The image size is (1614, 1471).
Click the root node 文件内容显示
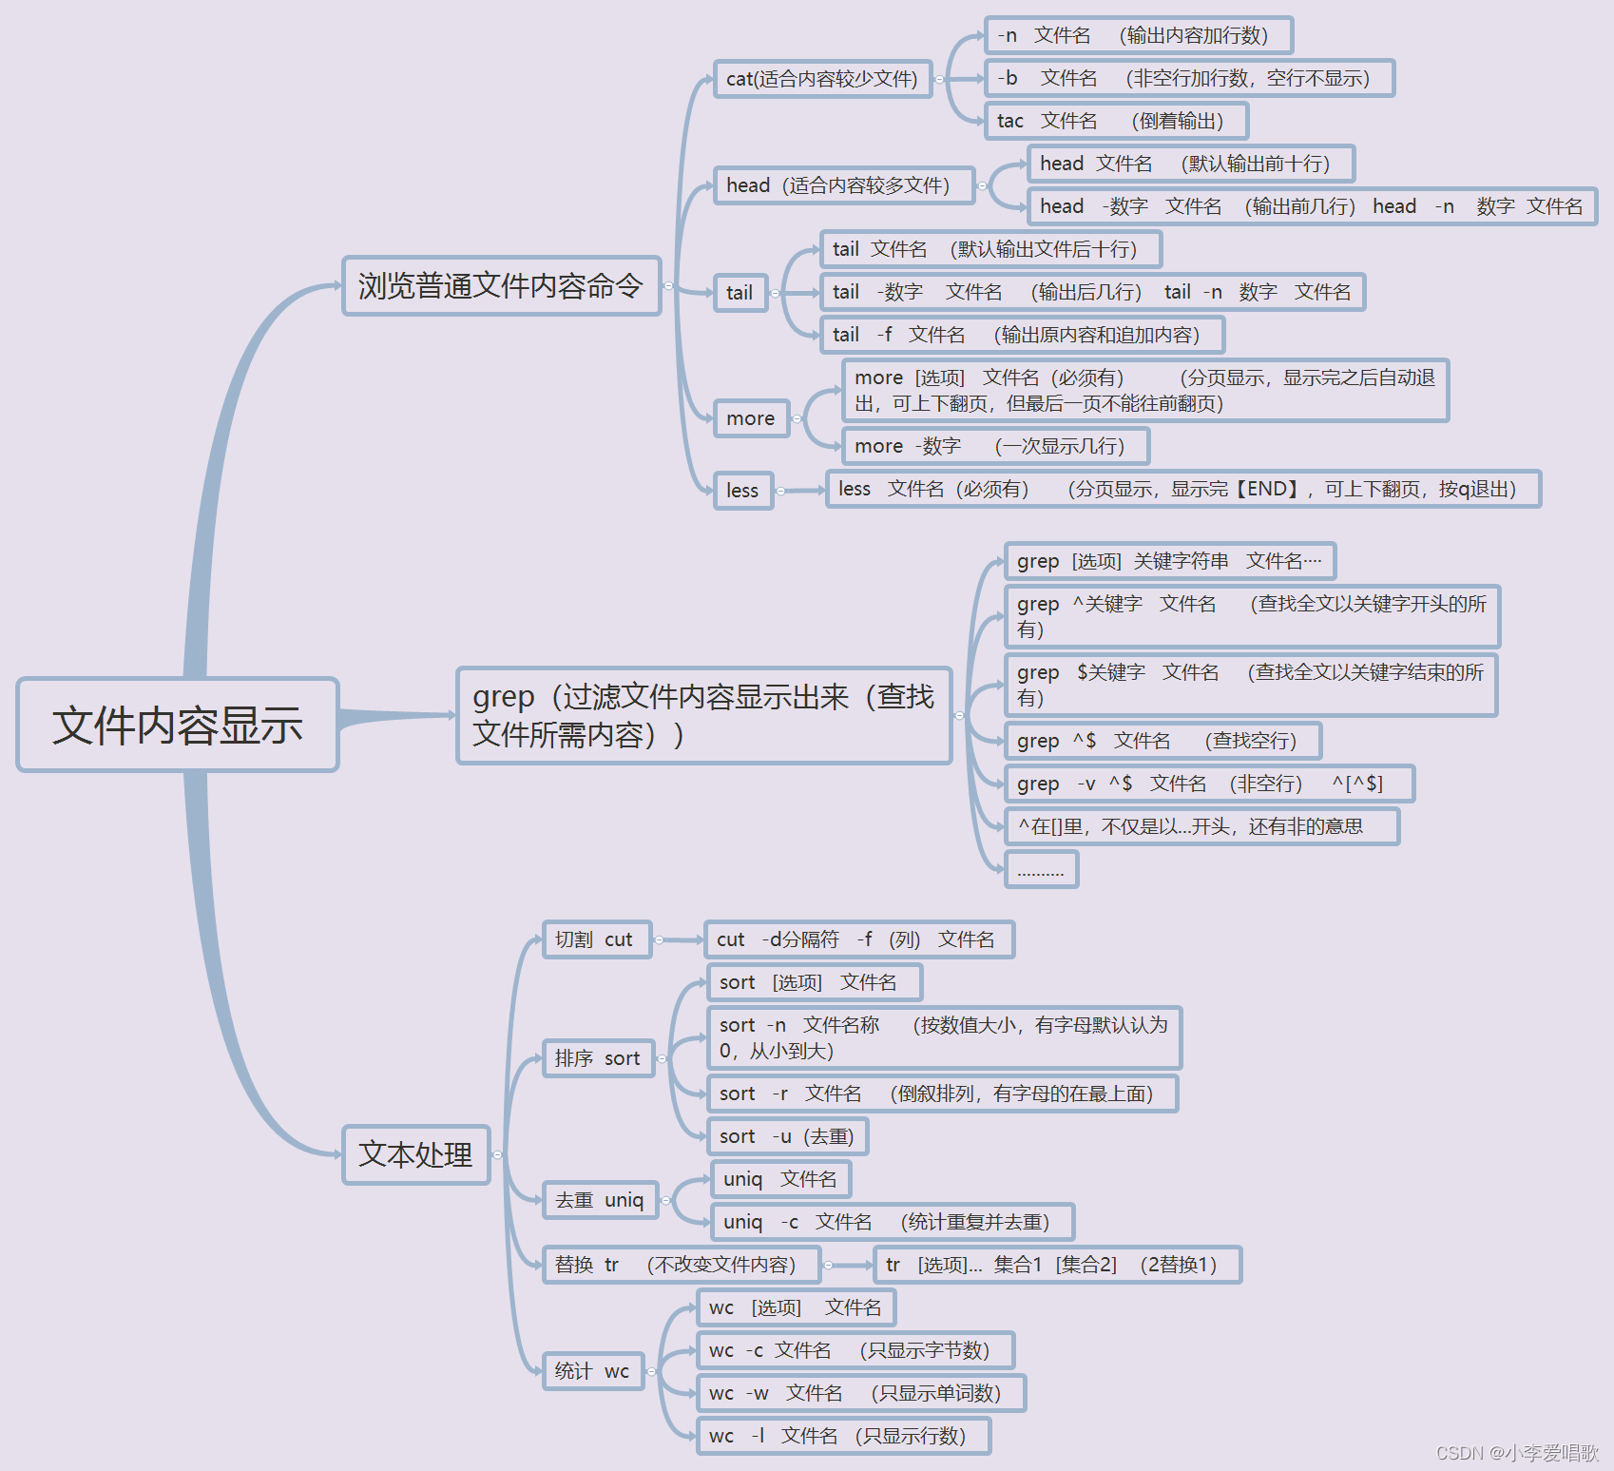[178, 725]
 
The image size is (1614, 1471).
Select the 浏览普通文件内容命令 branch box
[501, 285]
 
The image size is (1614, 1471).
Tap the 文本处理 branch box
[415, 1154]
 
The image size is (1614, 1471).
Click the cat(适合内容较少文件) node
[822, 79]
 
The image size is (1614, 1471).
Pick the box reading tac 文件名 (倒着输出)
[1116, 121]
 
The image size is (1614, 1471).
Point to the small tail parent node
[740, 293]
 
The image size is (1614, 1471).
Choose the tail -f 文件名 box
[1021, 335]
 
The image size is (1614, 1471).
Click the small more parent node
[751, 418]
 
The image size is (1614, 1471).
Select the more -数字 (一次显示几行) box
[994, 446]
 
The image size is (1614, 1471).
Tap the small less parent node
[742, 491]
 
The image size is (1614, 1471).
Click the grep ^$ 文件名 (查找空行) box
[1162, 741]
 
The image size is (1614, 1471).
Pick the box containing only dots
[1041, 869]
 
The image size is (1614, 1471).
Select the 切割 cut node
[596, 939]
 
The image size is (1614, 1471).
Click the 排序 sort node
[598, 1058]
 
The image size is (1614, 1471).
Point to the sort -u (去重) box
[787, 1136]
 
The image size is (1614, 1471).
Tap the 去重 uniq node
[600, 1200]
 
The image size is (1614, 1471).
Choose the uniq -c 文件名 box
[892, 1222]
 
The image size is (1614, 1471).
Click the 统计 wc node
[592, 1371]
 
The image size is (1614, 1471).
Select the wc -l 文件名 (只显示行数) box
[843, 1436]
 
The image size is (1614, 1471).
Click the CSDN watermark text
[1517, 1453]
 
